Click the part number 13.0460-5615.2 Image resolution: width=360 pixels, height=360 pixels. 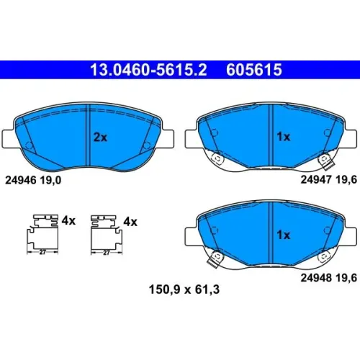point(148,70)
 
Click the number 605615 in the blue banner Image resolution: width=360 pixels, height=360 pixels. point(254,70)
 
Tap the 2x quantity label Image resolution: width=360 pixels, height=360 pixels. point(100,138)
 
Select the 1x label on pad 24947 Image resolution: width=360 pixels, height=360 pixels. point(284,137)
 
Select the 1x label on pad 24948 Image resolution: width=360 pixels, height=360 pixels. point(284,235)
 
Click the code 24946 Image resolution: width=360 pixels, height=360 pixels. point(21,180)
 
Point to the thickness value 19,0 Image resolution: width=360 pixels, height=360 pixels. point(50,180)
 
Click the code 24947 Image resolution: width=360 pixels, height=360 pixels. point(316,179)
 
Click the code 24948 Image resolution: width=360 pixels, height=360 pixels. point(316,278)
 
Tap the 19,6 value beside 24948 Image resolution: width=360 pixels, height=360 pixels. point(346,278)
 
